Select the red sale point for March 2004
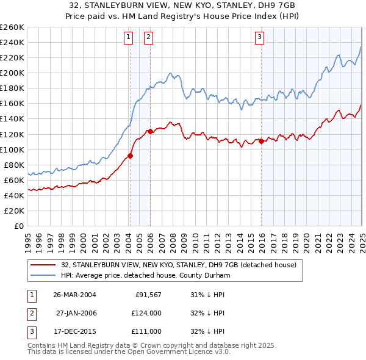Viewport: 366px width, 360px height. coord(130,156)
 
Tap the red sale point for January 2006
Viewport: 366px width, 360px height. coord(150,131)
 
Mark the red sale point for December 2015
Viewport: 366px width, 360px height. coord(261,141)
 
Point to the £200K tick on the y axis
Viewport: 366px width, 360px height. coord(13,73)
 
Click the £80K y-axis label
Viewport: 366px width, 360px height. coord(15,165)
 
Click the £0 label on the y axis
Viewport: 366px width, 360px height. coord(20,226)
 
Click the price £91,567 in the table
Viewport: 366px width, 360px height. coord(148,295)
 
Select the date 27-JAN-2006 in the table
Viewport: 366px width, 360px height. coord(76,313)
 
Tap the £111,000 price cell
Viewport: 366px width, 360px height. coord(147,331)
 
